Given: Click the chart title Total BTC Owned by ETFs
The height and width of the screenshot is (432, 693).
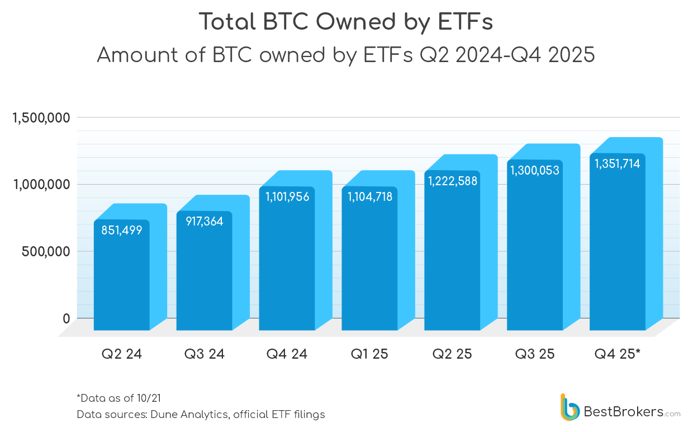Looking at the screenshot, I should click(346, 22).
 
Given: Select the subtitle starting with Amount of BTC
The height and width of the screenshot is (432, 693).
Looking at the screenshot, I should click(346, 55).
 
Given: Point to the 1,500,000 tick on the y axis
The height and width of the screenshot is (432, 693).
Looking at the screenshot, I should click(41, 118).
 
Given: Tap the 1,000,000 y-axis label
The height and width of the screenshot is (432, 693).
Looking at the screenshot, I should click(41, 185).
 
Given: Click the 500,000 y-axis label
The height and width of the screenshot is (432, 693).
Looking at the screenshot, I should click(46, 251).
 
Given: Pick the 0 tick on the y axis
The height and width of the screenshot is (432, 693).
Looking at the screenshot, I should click(66, 318).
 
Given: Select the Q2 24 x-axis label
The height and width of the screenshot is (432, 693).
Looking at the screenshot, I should click(121, 354).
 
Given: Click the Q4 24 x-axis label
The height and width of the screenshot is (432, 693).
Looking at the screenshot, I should click(287, 354).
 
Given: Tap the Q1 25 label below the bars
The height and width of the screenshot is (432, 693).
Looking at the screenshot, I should click(369, 354).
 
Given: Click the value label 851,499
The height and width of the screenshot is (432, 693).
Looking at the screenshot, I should click(122, 230).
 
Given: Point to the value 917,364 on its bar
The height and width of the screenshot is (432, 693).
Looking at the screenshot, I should click(204, 222).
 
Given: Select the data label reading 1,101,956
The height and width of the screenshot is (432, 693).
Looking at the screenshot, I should click(287, 197).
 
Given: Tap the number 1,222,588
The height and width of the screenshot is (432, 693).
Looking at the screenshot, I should click(452, 181).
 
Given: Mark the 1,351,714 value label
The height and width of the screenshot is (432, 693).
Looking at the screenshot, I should click(617, 164).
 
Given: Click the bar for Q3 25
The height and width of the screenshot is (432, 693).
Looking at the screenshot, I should click(535, 252).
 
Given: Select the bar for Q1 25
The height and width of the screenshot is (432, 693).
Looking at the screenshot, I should click(369, 263).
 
